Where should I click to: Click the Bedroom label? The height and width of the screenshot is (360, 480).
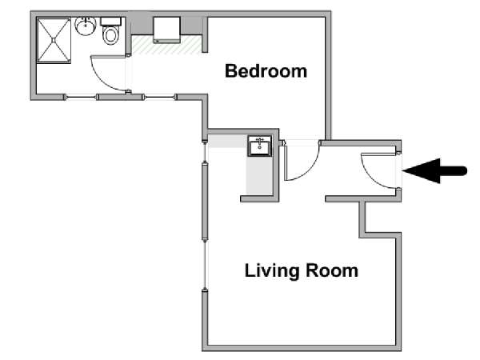[266, 71]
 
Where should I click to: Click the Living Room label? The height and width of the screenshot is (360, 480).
[302, 270]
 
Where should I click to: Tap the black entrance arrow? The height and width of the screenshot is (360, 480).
[434, 171]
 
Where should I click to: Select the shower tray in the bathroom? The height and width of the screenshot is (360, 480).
[54, 41]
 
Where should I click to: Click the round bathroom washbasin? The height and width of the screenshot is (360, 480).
[86, 26]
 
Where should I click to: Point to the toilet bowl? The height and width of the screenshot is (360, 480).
[111, 35]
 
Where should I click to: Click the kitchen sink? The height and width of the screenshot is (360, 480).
[259, 146]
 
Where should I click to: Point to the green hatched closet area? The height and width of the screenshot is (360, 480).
[167, 46]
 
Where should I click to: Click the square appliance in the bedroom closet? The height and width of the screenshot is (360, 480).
[166, 30]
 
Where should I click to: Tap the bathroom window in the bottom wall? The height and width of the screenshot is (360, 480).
[81, 98]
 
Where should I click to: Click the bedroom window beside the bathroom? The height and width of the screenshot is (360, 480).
[159, 98]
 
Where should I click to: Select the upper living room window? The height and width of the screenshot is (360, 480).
[205, 152]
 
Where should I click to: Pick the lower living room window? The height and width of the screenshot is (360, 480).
[205, 265]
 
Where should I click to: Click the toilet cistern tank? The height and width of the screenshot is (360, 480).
[111, 22]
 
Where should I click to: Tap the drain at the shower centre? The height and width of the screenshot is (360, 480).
[54, 40]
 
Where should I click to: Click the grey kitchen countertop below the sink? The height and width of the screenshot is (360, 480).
[259, 175]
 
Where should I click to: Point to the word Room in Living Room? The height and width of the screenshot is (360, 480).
[332, 270]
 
